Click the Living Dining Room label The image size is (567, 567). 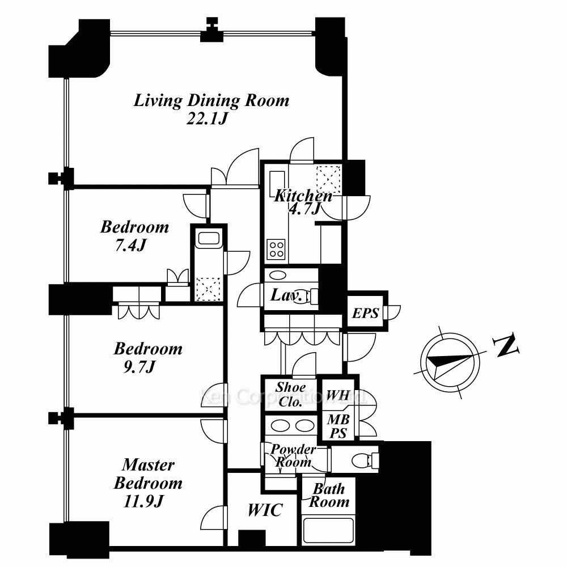click(x=211, y=100)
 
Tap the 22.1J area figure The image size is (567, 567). click(x=207, y=119)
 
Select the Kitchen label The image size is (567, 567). click(x=303, y=196)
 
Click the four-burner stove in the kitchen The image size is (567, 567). click(x=276, y=249)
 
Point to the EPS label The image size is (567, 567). click(x=365, y=313)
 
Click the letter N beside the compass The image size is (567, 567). click(x=506, y=345)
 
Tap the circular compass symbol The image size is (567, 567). click(x=450, y=362)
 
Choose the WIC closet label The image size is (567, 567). click(x=265, y=510)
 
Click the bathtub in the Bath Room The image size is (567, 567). click(x=328, y=531)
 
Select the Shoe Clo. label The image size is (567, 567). click(x=290, y=395)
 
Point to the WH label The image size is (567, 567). click(x=338, y=395)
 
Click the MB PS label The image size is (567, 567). click(x=338, y=426)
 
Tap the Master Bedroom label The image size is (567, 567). click(x=148, y=473)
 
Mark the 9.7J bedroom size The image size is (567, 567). click(x=139, y=367)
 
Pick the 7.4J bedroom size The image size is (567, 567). click(x=130, y=246)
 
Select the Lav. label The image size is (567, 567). click(x=286, y=295)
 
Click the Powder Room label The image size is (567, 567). click(x=293, y=455)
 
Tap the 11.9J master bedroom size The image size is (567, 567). click(x=143, y=501)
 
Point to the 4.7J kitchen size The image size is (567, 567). click(x=304, y=209)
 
